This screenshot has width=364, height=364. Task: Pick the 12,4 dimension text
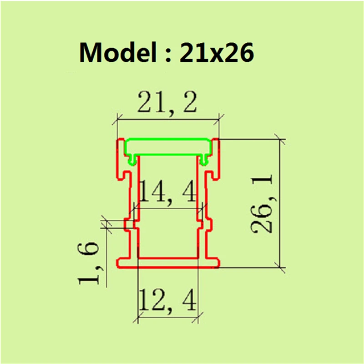click(x=167, y=300)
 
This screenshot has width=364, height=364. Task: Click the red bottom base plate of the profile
click(x=168, y=263)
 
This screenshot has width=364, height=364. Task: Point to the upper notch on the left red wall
click(x=124, y=174)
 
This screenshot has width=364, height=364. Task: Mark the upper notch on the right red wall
click(x=212, y=174)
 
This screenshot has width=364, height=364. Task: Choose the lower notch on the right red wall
click(x=211, y=223)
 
